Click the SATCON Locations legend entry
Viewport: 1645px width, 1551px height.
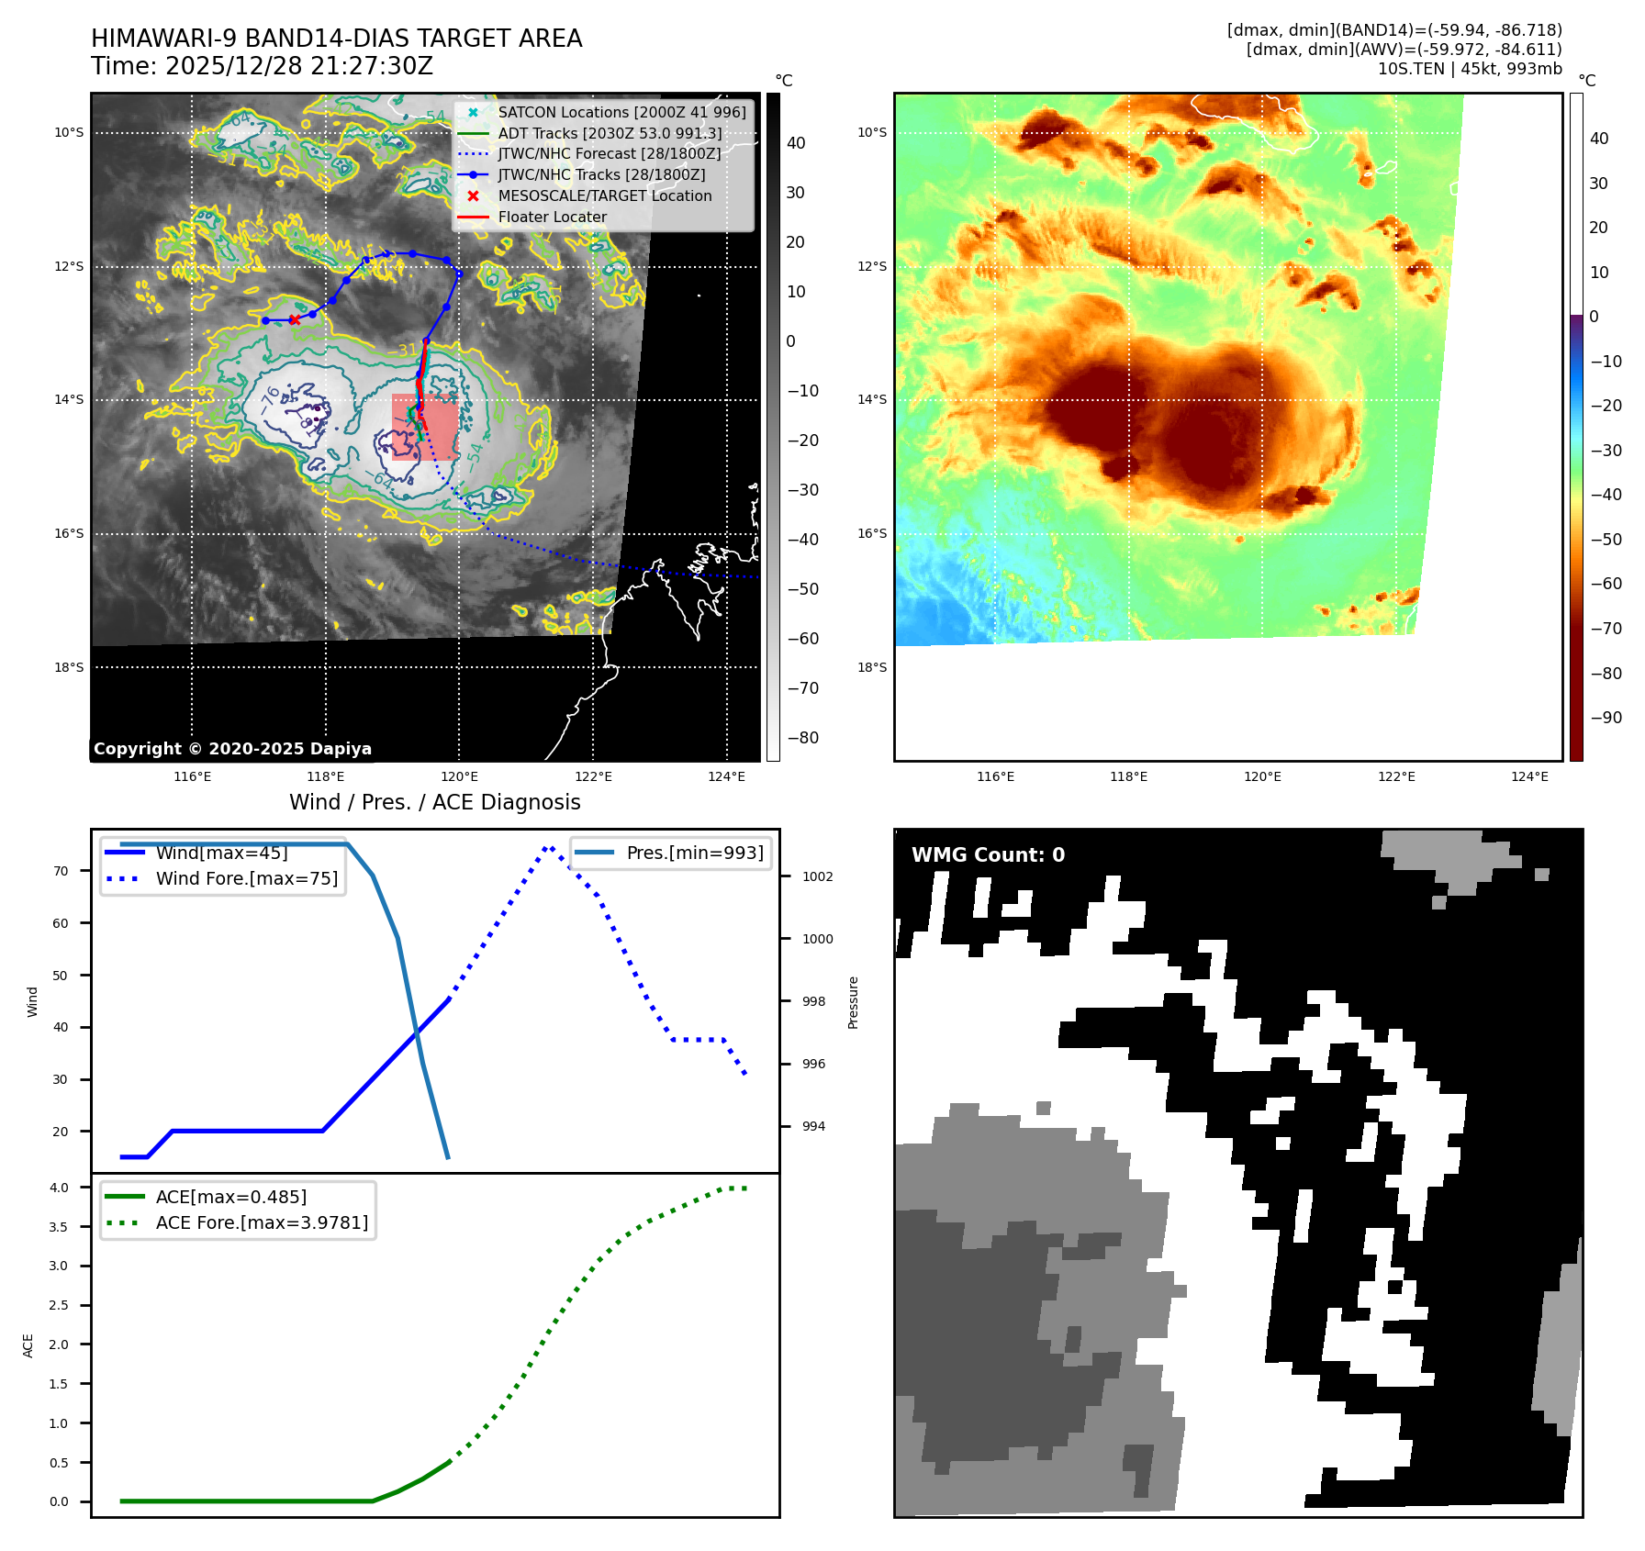(x=621, y=112)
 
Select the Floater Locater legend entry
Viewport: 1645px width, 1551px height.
(x=552, y=218)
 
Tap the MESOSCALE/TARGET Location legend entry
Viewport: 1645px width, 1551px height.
(x=604, y=196)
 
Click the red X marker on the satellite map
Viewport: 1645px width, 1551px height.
(x=294, y=320)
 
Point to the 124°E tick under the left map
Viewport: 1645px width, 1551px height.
(x=726, y=777)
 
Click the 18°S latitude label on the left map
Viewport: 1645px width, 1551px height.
(x=69, y=667)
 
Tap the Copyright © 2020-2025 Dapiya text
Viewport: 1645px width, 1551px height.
(x=232, y=749)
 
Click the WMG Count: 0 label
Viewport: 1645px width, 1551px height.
(x=988, y=855)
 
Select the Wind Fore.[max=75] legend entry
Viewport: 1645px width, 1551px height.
(x=246, y=878)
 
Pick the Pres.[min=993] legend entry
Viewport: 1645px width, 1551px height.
(x=694, y=853)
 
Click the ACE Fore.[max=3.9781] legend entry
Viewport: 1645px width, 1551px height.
(x=262, y=1222)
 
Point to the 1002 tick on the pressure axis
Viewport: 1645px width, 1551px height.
(x=817, y=876)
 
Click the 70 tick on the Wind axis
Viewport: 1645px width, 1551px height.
(x=61, y=871)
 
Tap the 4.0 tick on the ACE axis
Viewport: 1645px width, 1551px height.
(x=59, y=1188)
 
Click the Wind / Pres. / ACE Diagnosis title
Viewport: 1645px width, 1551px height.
(x=434, y=803)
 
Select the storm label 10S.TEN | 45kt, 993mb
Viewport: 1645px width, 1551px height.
(x=1469, y=69)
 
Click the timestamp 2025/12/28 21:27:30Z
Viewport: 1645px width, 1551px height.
(x=298, y=67)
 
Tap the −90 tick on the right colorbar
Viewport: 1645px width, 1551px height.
(x=1606, y=718)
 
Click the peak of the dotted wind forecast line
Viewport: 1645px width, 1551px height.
(x=548, y=847)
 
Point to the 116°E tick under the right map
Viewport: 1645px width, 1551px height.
(x=995, y=777)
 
